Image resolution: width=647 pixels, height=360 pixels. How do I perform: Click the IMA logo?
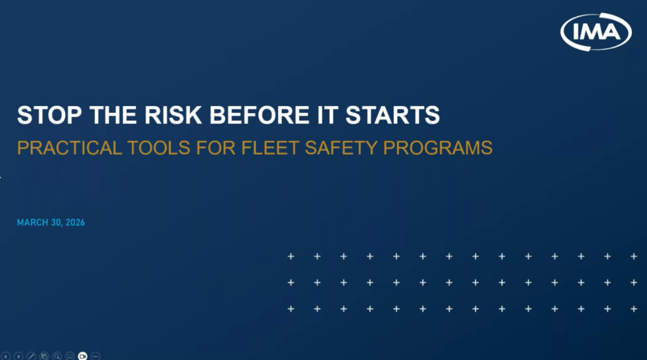[x=596, y=30]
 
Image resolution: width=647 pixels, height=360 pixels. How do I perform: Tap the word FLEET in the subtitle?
[x=263, y=148]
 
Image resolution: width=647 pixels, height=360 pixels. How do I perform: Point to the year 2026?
[x=74, y=223]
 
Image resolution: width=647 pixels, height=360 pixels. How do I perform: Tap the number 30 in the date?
[x=52, y=223]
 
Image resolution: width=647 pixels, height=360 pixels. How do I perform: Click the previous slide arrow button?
[x=6, y=356]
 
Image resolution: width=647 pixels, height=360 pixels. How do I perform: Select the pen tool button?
[x=32, y=356]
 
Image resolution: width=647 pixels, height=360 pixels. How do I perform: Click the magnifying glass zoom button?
[x=57, y=356]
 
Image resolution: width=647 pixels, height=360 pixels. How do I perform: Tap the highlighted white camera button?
[x=82, y=356]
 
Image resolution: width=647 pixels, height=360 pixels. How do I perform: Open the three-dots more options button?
[x=95, y=356]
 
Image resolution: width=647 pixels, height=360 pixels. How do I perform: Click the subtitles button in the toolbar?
[x=70, y=356]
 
